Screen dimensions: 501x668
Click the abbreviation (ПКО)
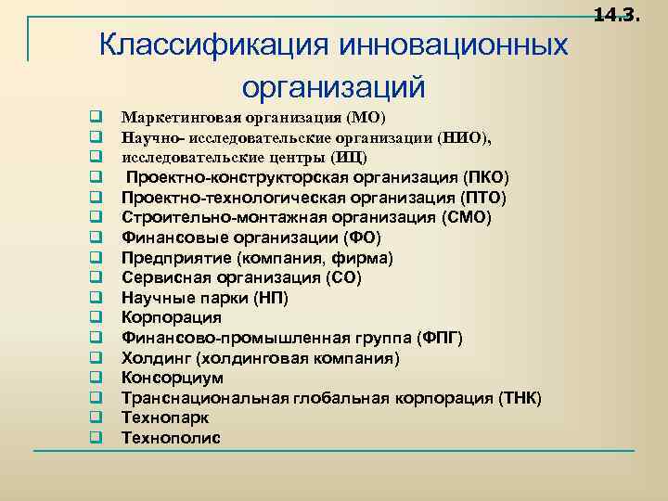click(485, 177)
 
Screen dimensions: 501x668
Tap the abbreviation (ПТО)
click(482, 198)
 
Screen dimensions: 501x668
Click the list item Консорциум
click(173, 379)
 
